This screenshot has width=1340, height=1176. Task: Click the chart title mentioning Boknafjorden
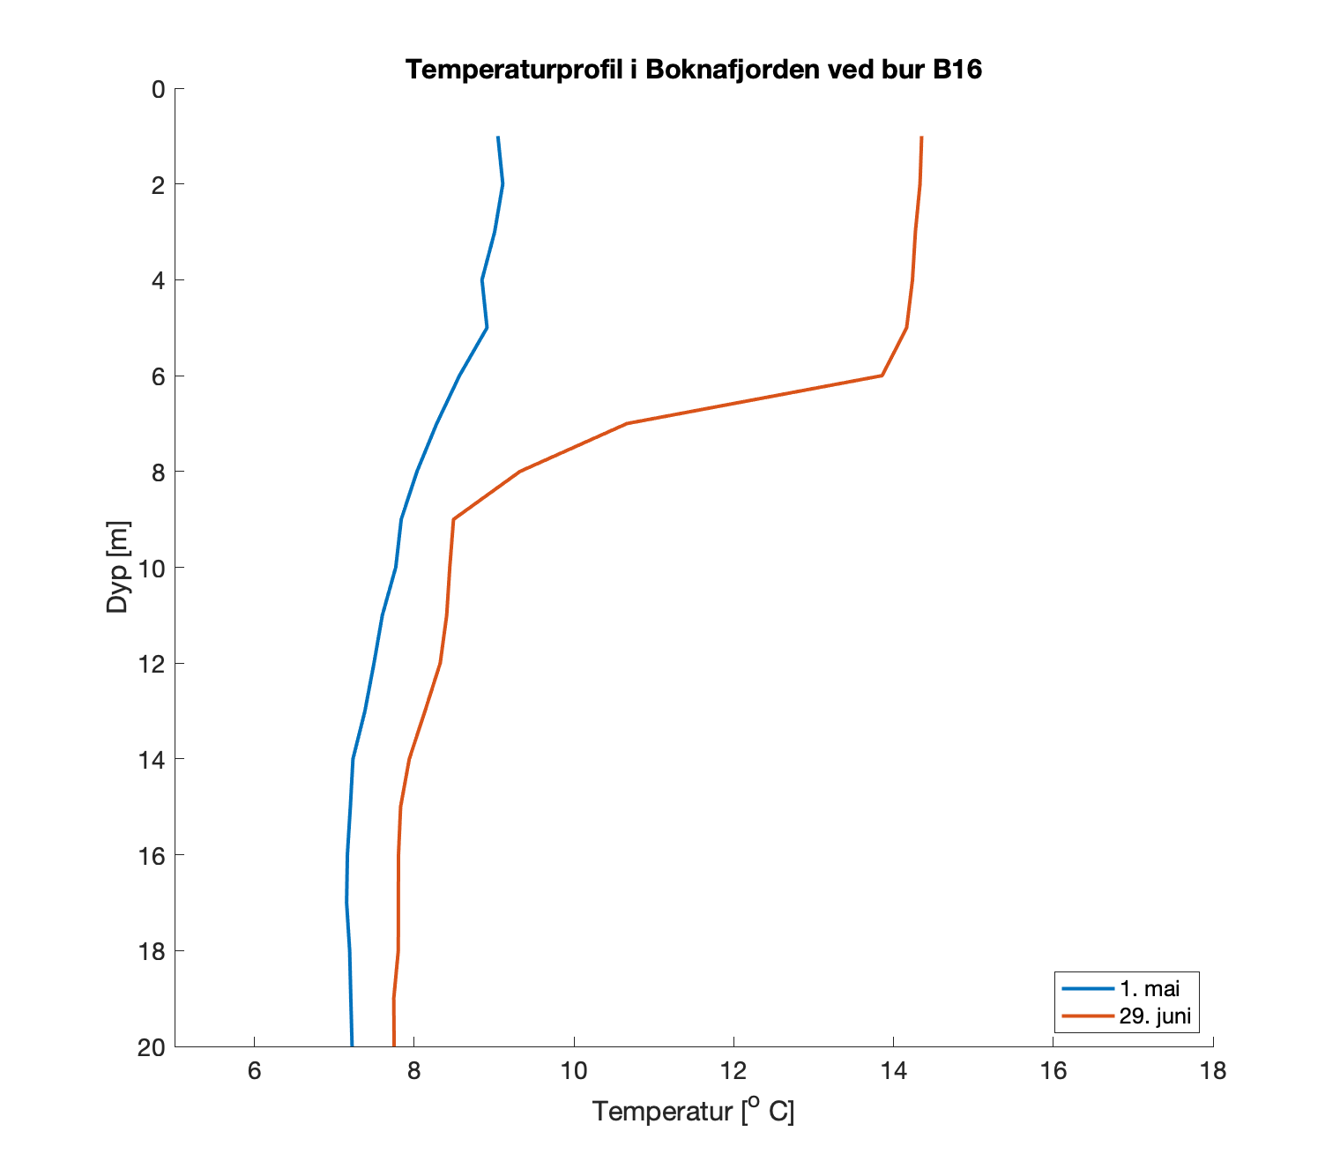pos(693,70)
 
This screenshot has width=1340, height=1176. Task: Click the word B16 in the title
pos(957,70)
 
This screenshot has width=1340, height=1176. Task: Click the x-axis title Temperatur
pos(693,1111)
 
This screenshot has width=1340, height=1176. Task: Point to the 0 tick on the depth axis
pos(158,89)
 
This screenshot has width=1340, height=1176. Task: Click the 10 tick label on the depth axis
pos(152,568)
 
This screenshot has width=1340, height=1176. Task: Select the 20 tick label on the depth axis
pos(152,1047)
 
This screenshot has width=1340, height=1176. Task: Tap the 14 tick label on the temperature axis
pos(893,1071)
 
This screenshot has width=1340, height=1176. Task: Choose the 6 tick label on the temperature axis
pos(254,1071)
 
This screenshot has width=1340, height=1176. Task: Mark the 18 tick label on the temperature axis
pos(1213,1071)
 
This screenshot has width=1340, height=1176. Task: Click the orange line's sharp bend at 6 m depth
pos(882,376)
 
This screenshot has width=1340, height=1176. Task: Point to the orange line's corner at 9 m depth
pos(453,519)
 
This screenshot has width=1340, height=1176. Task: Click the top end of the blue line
pos(498,138)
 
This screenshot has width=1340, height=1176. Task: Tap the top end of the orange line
pos(921,138)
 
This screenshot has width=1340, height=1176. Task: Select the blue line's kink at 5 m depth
pos(487,327)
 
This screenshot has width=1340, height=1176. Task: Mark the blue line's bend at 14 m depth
pos(353,759)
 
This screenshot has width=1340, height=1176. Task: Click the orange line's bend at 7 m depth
pos(626,423)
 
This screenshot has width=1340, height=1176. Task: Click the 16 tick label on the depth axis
pos(152,855)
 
